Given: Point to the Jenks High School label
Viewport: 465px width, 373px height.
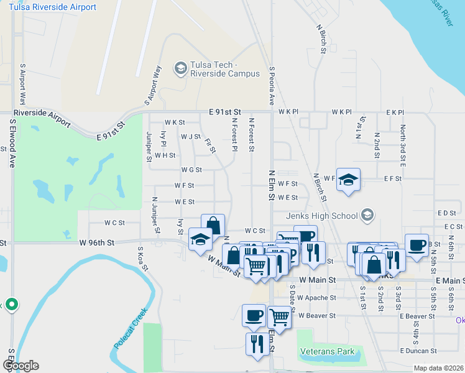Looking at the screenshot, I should pyautogui.click(x=331, y=216).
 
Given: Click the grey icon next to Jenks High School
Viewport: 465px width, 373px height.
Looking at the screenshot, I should pyautogui.click(x=368, y=216).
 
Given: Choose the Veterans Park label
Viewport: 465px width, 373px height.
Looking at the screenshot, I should pyautogui.click(x=327, y=352).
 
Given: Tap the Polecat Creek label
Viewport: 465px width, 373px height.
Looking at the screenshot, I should pyautogui.click(x=130, y=328).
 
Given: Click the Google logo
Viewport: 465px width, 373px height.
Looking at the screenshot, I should pyautogui.click(x=21, y=366).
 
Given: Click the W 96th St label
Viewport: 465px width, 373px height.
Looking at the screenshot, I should pyautogui.click(x=98, y=242).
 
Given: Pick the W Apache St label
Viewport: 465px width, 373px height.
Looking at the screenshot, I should pyautogui.click(x=317, y=298).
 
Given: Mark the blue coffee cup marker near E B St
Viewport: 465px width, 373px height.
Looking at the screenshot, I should pyautogui.click(x=417, y=244).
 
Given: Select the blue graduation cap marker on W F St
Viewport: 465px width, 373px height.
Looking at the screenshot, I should pyautogui.click(x=349, y=179).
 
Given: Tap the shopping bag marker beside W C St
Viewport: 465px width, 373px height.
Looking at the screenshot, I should pyautogui.click(x=213, y=226).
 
